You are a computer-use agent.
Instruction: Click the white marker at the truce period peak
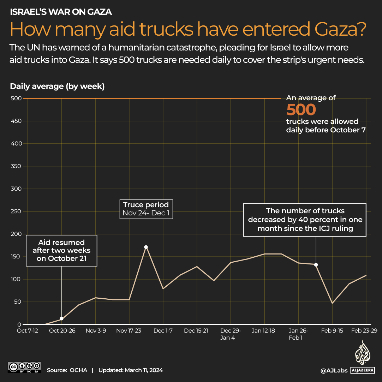coord(146,247)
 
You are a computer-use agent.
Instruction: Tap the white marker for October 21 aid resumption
coord(62,318)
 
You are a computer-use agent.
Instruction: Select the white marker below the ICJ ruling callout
coord(316,265)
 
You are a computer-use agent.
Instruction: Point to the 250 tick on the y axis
coord(17,211)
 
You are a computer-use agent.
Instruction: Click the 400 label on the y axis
coord(17,144)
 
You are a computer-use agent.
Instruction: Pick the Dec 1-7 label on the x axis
coord(163,331)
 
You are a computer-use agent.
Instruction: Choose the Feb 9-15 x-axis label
coord(332,331)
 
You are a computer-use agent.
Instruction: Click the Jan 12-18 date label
coord(263,331)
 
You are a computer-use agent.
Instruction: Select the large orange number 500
coord(301,110)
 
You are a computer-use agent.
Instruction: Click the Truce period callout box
coord(146,209)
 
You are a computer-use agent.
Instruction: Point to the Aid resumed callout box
coord(61,251)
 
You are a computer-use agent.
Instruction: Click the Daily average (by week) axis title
coord(57,86)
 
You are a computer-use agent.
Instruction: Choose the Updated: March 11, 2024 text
coord(131,370)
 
